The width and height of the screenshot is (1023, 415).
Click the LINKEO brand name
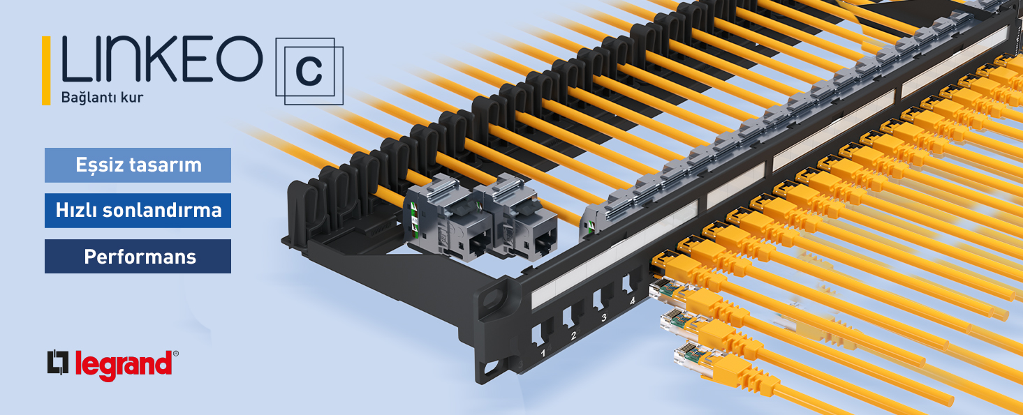click(162, 59)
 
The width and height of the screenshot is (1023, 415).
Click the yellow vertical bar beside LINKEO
click(46, 70)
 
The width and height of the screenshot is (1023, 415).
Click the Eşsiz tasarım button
click(138, 165)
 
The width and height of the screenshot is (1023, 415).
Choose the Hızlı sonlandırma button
click(138, 211)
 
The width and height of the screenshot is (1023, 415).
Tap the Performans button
click(138, 256)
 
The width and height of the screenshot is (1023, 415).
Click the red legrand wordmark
click(124, 365)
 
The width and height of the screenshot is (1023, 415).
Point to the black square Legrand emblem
click(58, 363)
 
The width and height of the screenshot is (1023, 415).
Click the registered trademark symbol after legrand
click(176, 354)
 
